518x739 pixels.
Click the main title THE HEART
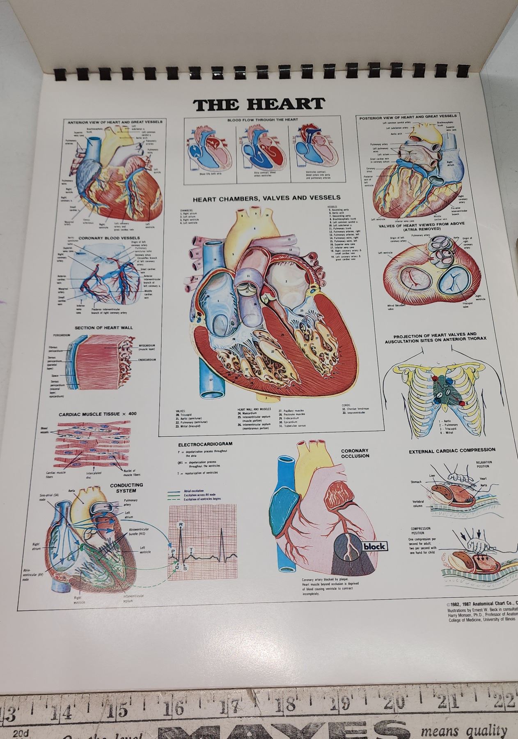pos(259,104)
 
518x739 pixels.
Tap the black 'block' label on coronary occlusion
pos(374,546)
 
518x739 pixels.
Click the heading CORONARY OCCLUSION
pos(355,453)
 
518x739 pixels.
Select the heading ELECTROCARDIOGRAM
pos(205,444)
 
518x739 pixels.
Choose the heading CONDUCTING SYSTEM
pos(126,488)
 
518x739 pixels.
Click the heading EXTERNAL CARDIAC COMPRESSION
pos(452,450)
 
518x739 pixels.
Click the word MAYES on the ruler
pos(283,730)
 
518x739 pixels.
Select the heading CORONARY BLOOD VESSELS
pos(109,238)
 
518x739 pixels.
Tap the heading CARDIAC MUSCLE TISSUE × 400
pos(97,414)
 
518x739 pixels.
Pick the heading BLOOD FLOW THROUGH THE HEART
pos(263,120)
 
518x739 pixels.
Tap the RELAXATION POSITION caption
pos(484,464)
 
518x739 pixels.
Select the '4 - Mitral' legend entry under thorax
pos(446,433)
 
